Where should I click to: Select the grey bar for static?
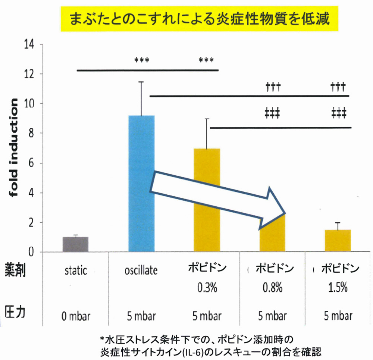click(76, 244)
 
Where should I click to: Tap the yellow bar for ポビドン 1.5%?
click(338, 241)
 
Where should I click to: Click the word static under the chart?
click(76, 270)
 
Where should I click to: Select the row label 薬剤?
click(15, 270)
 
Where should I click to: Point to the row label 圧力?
click(15, 312)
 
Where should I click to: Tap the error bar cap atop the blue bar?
click(141, 82)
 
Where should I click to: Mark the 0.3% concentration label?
click(207, 288)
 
